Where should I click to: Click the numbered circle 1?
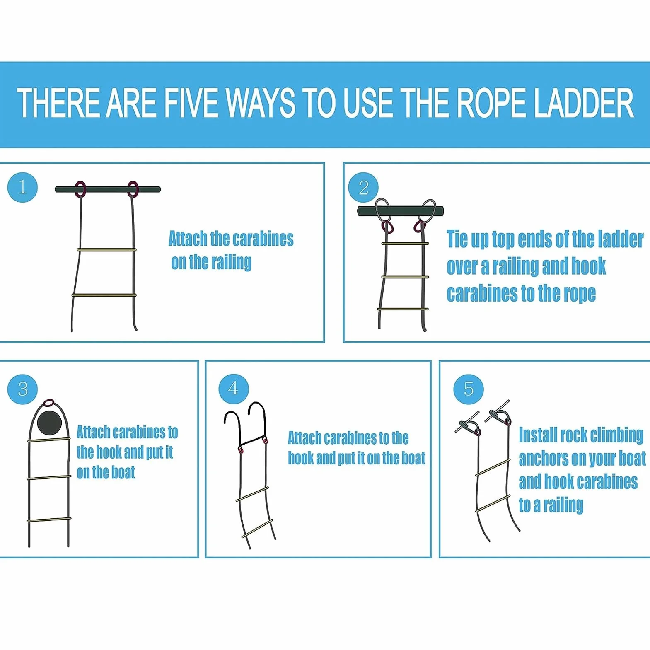point(22,187)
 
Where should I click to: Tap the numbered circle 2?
point(363,188)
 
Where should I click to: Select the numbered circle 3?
point(22,389)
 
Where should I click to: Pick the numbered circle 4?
point(234,389)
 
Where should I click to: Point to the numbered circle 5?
point(469,389)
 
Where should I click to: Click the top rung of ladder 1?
point(106,250)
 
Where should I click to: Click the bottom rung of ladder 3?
point(49,520)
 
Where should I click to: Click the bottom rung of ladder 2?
point(403,309)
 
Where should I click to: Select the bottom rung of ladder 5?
point(493,503)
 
